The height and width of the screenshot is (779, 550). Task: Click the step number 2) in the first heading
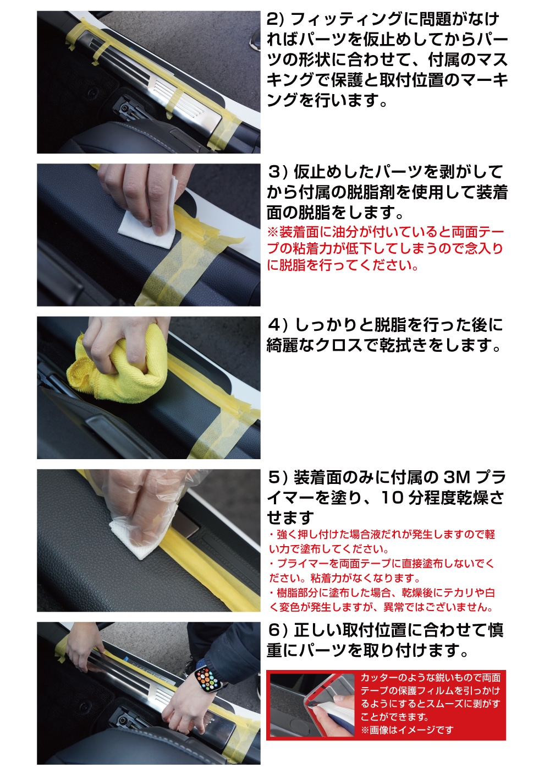coord(275,19)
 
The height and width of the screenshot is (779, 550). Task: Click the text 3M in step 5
coord(458,477)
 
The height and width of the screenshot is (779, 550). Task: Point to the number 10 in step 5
coord(392,498)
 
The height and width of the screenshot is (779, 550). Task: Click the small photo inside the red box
coord(311,705)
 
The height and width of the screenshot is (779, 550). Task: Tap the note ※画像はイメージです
coord(407,730)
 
